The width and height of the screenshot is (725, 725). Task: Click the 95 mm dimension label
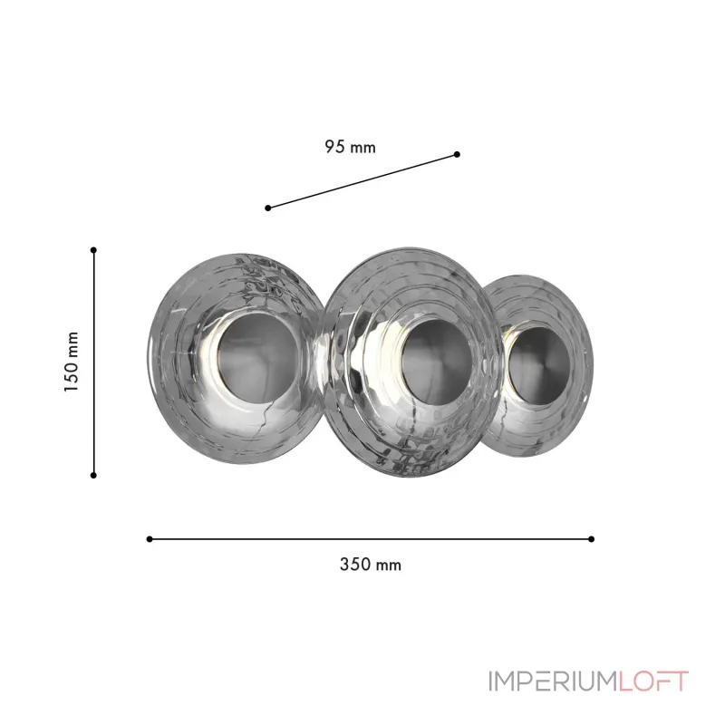click(350, 147)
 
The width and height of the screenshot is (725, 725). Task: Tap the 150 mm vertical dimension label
click(72, 362)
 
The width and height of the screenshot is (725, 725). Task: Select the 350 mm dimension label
click(371, 565)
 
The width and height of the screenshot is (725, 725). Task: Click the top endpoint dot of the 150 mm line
click(94, 250)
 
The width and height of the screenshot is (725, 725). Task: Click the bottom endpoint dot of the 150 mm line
click(94, 475)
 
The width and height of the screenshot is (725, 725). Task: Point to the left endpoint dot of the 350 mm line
click(150, 539)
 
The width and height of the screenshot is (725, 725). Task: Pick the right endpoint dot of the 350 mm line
click(592, 539)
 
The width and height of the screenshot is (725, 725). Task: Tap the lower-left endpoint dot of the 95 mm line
click(268, 208)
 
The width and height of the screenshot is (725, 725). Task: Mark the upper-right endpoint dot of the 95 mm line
click(457, 154)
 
